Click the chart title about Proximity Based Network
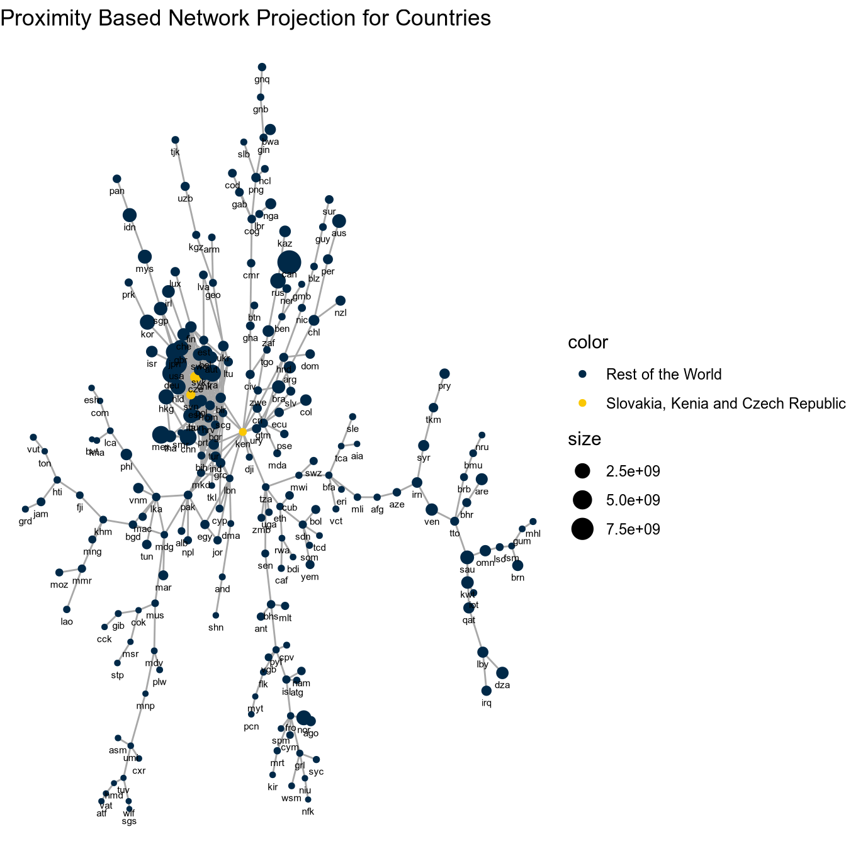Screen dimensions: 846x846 pos(245,18)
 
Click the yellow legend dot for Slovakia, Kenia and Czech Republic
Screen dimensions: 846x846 pos(582,403)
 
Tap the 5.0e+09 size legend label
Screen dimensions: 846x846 pos(633,500)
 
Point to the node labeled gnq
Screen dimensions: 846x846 pos(262,67)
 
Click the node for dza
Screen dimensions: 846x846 pos(502,673)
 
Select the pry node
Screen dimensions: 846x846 pos(444,374)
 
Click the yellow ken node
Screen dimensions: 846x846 pos(243,432)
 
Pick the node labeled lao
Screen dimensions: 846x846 pos(67,609)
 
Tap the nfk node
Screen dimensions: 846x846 pos(308,799)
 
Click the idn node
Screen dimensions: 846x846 pos(130,215)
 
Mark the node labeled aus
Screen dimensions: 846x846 pos(339,221)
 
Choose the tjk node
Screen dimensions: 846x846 pos(175,140)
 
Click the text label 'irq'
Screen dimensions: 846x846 pos(486,702)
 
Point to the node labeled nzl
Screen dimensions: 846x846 pos(341,301)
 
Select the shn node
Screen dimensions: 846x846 pos(216,615)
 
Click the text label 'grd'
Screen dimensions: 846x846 pos(25,521)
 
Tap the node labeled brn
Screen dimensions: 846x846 pos(517,565)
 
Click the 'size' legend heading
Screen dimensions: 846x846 pos(584,439)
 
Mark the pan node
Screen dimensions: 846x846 pos(116,179)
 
